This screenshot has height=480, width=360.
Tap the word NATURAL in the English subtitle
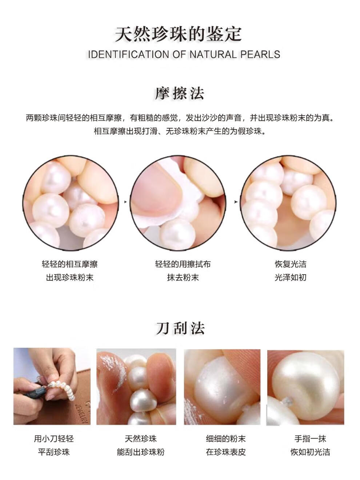tap(213, 55)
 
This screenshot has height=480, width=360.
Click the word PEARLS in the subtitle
tap(260, 55)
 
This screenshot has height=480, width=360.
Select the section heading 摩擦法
tap(180, 93)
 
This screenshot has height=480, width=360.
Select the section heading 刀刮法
tap(180, 328)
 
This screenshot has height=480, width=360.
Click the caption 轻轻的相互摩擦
tap(70, 264)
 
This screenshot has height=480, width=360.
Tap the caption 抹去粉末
tap(183, 277)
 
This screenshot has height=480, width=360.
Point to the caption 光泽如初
tap(291, 277)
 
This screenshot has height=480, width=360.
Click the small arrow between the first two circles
tap(125, 202)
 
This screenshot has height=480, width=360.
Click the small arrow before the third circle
tap(236, 202)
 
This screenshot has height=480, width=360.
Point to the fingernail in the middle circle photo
tap(157, 192)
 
